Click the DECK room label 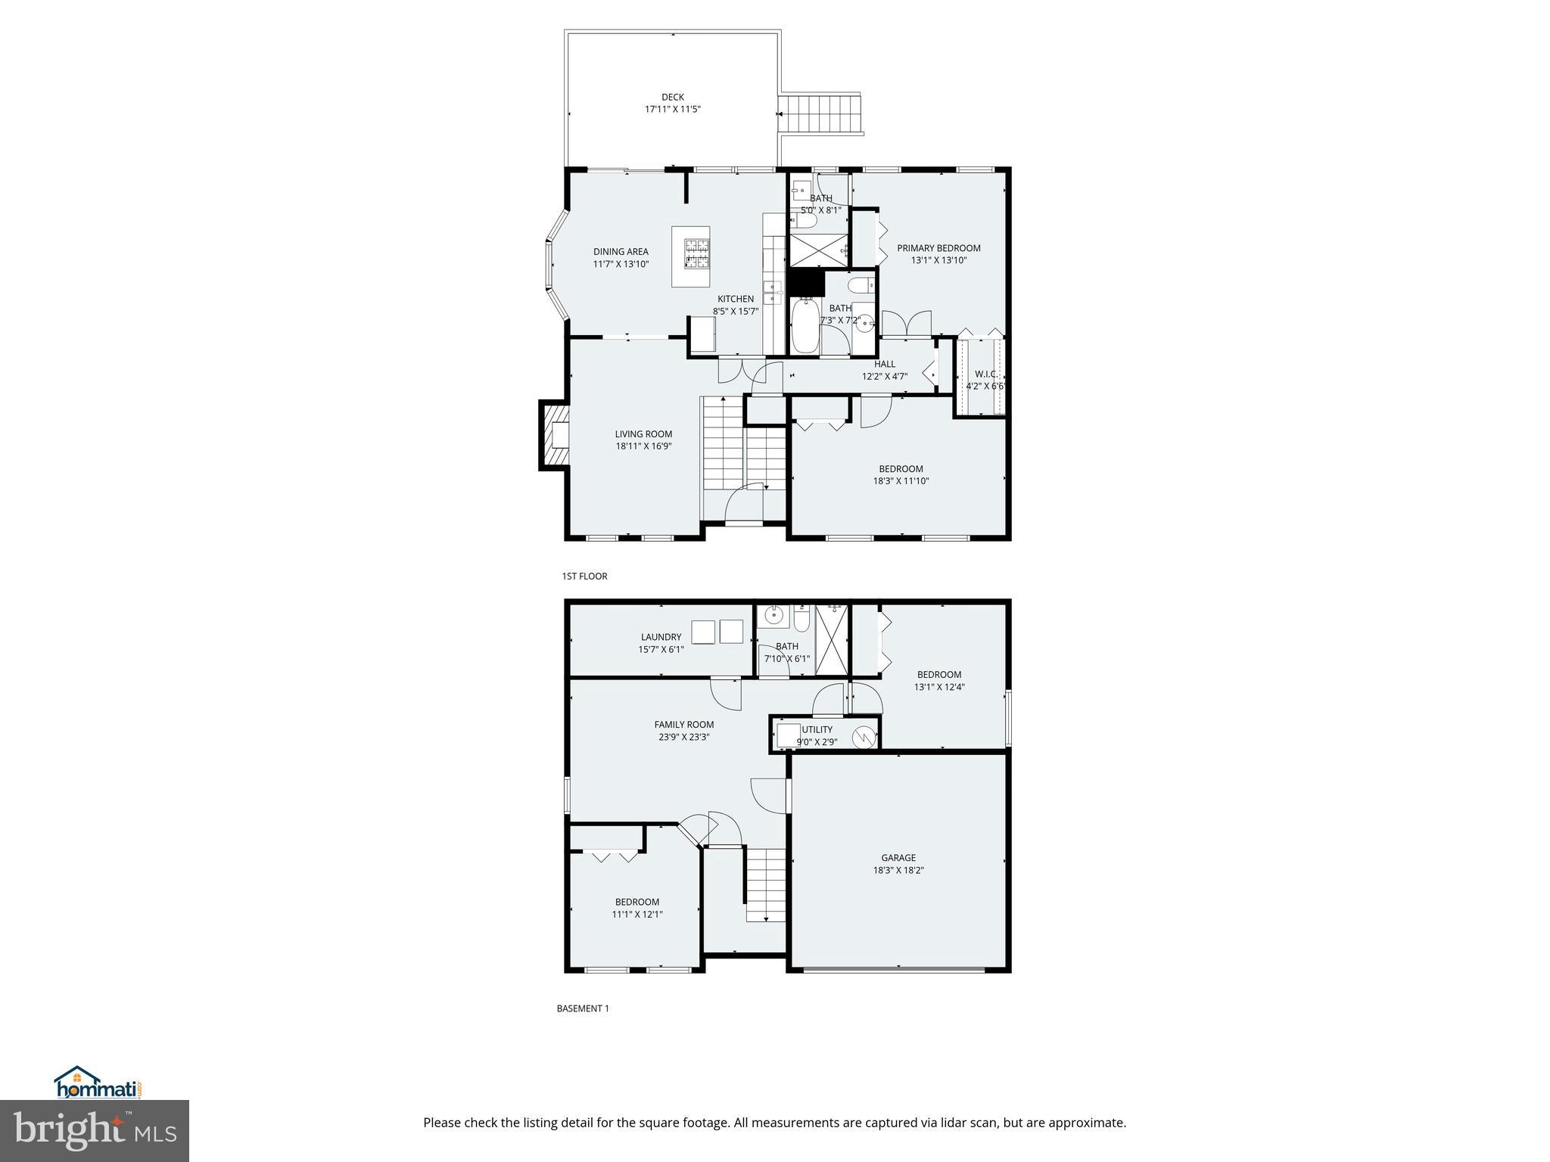point(672,98)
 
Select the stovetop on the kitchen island point(696,253)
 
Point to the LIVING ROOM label point(643,434)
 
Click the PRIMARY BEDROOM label point(938,248)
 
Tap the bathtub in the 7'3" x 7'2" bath point(805,325)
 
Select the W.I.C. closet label point(986,374)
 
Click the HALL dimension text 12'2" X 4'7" point(884,376)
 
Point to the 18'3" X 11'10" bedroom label point(901,474)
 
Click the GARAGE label point(898,858)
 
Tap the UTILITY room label point(817,730)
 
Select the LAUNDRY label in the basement point(661,637)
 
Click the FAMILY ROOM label point(684,725)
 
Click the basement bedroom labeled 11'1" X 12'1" point(637,908)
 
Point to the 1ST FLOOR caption point(584,576)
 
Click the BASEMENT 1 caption point(583,1008)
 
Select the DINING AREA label point(621,252)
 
